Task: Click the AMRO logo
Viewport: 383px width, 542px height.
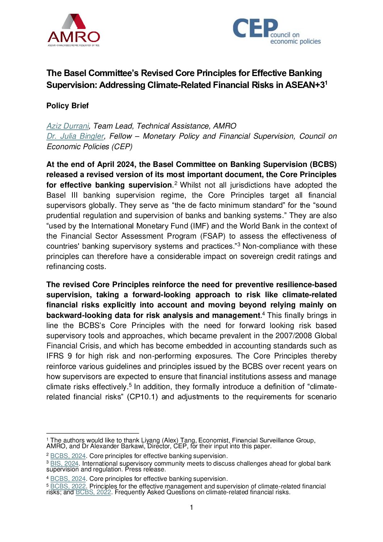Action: [73, 30]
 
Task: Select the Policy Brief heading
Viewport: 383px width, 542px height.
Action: [67, 106]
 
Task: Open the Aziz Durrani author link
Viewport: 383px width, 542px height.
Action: [68, 126]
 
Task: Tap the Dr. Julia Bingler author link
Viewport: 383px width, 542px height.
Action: [75, 136]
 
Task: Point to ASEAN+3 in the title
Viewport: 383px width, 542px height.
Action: [305, 85]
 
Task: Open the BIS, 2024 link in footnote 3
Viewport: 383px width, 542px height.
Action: [64, 463]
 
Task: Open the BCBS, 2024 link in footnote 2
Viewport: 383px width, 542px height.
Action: [68, 456]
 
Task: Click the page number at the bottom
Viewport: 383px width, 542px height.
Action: [191, 508]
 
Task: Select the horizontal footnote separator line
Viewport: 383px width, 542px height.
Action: [93, 433]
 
